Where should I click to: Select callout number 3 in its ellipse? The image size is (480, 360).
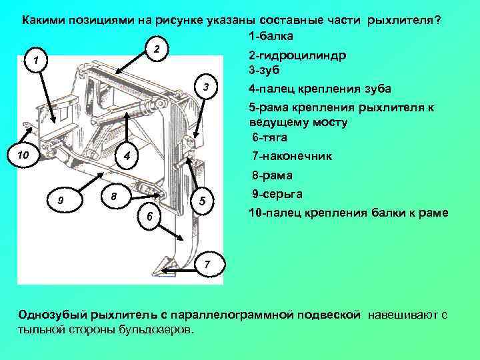(207, 89)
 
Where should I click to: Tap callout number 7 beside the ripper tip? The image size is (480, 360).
(207, 265)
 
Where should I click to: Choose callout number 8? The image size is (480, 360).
(113, 197)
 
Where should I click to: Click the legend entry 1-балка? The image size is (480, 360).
(271, 35)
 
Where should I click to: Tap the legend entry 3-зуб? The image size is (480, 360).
(265, 69)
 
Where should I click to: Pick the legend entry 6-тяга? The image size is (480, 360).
(269, 137)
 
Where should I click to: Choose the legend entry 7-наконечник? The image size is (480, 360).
(293, 156)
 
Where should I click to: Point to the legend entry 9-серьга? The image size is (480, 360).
(277, 194)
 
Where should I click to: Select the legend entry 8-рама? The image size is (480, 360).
(272, 176)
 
